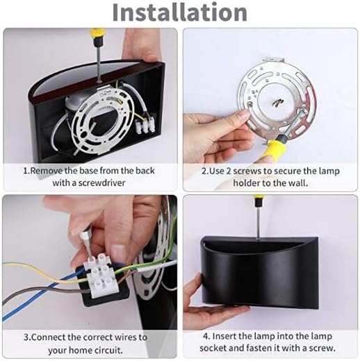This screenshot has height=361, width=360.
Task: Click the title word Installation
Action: [x=179, y=12]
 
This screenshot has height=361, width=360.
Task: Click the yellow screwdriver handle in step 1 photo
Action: [x=99, y=34]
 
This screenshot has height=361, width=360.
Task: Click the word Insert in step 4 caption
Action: [x=225, y=337]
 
